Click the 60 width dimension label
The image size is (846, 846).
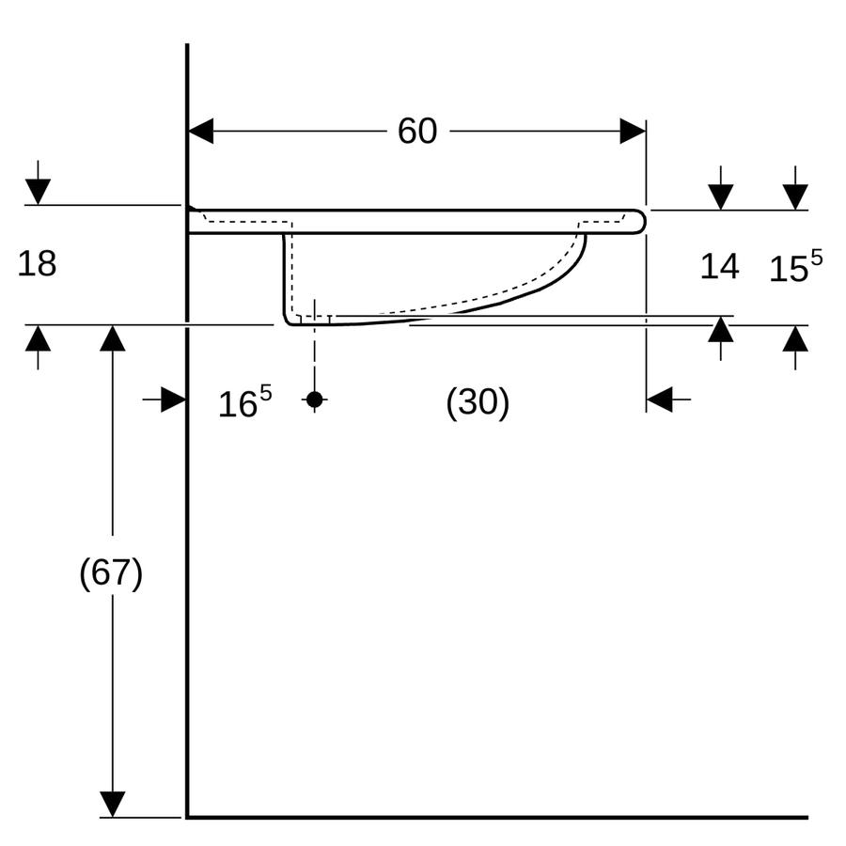point(417,131)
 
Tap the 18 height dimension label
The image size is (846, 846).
point(37,264)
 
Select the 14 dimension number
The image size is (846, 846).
point(719,267)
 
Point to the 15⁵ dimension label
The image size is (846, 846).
point(795,266)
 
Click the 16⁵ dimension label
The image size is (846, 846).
point(245,402)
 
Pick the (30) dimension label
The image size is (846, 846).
point(478,402)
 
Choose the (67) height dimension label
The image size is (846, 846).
point(111,572)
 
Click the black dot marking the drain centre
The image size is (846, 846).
point(315,399)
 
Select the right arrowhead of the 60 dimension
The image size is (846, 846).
point(633,131)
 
